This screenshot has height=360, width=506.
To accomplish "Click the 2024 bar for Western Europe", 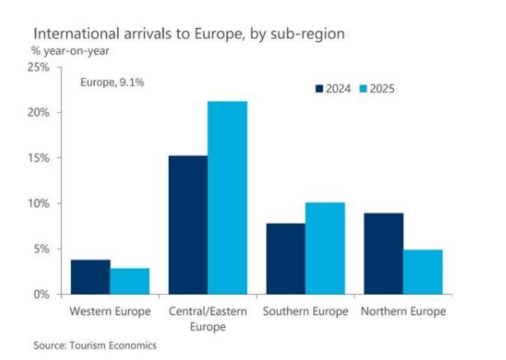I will pos(91,277).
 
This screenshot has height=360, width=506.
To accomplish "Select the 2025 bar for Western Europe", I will pos(129,281).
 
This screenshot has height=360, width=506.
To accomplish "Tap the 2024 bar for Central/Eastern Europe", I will pos(188,225).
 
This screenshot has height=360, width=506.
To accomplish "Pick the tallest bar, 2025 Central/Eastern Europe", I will pos(227,198).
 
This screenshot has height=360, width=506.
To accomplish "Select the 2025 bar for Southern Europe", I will pos(325,248).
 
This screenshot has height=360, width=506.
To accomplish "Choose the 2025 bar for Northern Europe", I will pos(422,272).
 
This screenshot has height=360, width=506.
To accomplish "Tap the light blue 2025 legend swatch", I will pos(363,88).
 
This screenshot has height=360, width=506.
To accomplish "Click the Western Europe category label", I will pos(110,311).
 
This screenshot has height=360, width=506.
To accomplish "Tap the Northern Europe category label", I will pos(403,311).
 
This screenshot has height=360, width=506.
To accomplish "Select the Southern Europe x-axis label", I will pos(305,311).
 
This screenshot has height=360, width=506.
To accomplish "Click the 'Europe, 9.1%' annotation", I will pos(112,82).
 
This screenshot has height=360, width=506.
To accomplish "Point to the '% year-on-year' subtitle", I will pos(71,50).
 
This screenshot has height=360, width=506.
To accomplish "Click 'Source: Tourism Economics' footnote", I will pos(95,345).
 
